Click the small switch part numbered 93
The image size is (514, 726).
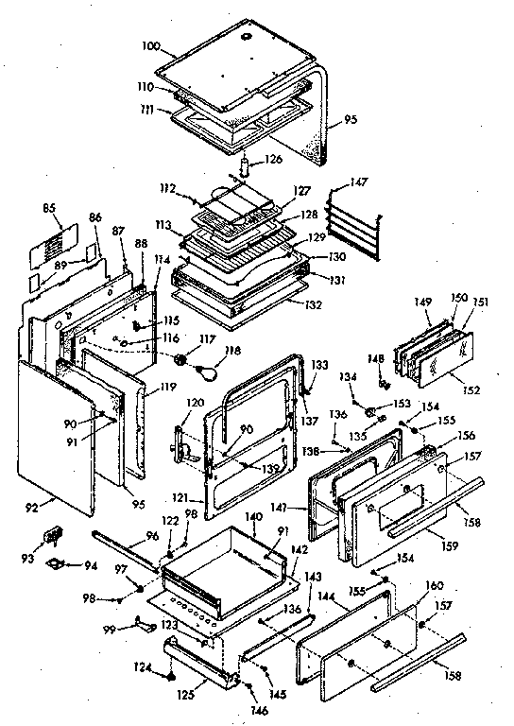coord(52,537)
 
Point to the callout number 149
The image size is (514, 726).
coord(424,302)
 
